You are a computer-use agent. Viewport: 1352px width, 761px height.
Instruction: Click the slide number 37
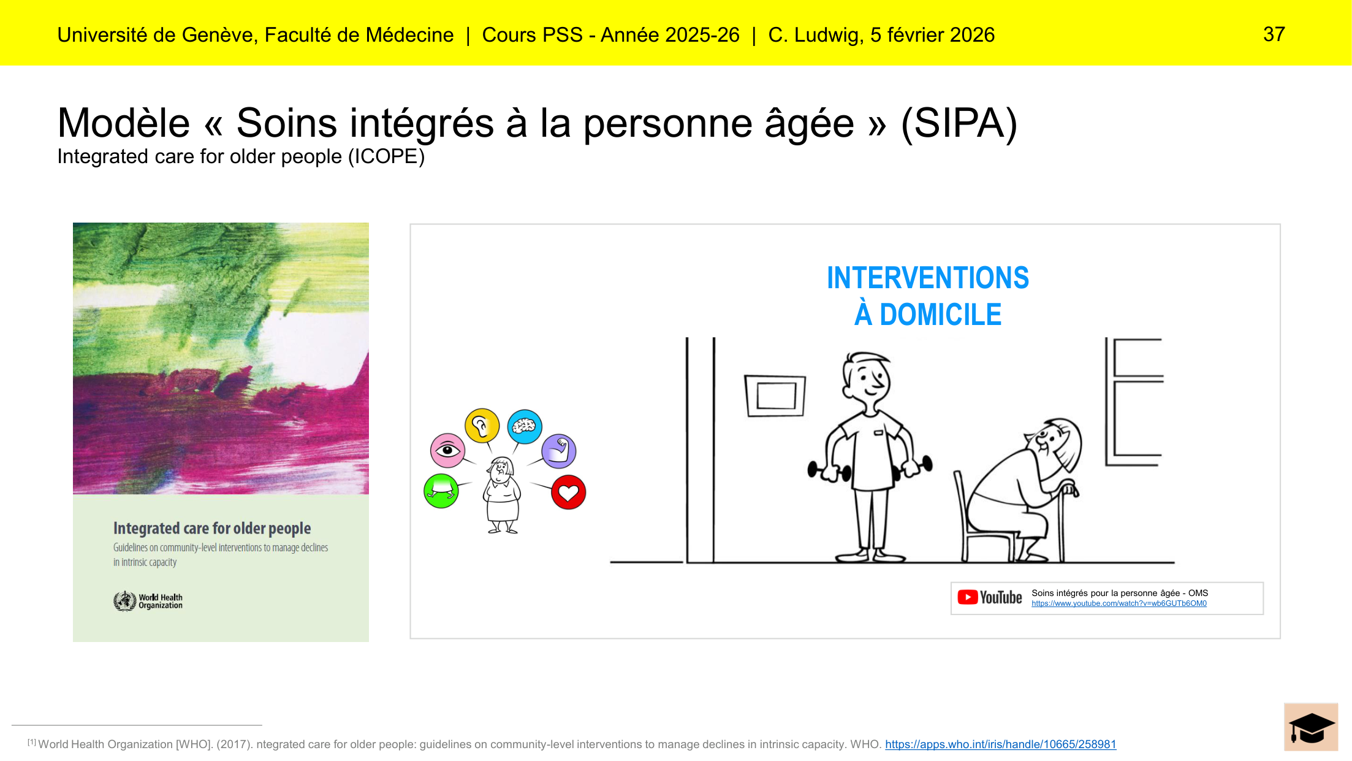[1274, 34]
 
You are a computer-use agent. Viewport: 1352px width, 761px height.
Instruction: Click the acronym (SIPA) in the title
[959, 124]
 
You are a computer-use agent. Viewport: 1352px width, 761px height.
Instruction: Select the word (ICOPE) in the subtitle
[386, 157]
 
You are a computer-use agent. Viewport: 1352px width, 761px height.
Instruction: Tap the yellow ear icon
[482, 425]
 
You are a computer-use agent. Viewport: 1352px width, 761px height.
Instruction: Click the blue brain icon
[525, 427]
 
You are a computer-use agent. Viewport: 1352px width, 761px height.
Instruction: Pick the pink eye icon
[447, 451]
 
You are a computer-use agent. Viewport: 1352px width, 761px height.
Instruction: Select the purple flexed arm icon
[559, 451]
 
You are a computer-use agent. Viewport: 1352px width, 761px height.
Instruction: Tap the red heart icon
[569, 492]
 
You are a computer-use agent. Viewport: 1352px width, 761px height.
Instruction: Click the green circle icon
[441, 491]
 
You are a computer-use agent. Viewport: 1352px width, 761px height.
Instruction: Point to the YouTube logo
[990, 597]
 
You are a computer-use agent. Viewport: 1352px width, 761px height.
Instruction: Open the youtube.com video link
[1119, 604]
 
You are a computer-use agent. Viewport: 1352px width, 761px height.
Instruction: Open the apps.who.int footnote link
[1001, 744]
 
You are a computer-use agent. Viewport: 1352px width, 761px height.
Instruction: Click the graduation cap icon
[1311, 727]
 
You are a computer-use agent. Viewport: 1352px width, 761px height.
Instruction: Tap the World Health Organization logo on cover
[148, 601]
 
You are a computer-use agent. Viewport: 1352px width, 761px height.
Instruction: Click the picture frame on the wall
[775, 396]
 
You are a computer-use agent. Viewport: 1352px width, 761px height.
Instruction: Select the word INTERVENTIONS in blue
[928, 278]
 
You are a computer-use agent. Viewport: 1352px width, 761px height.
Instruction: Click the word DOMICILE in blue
[941, 315]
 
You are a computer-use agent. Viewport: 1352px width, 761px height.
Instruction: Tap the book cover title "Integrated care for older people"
[212, 529]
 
